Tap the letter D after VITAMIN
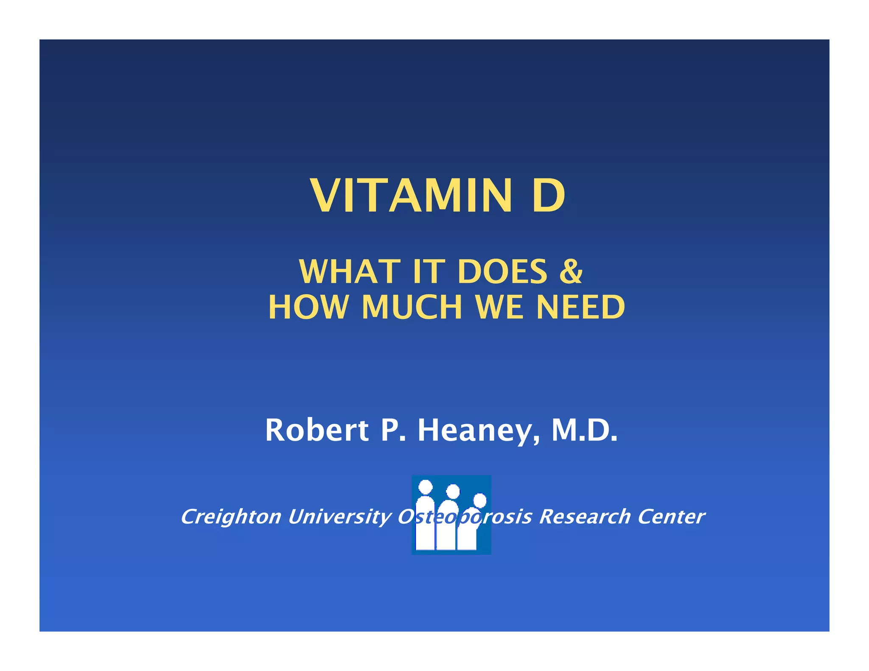tap(548, 196)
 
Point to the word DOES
tap(502, 271)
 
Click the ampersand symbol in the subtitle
tap(571, 271)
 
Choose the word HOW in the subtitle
tap(308, 307)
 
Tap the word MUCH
tap(412, 307)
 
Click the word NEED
tap(580, 307)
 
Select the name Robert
tap(317, 430)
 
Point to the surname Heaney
tap(479, 430)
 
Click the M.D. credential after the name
tap(584, 430)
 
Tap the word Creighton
tap(231, 517)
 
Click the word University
tap(339, 517)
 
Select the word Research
tap(585, 517)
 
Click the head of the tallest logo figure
tap(425, 487)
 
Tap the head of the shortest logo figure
tap(479, 500)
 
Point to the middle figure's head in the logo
tap(453, 491)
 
